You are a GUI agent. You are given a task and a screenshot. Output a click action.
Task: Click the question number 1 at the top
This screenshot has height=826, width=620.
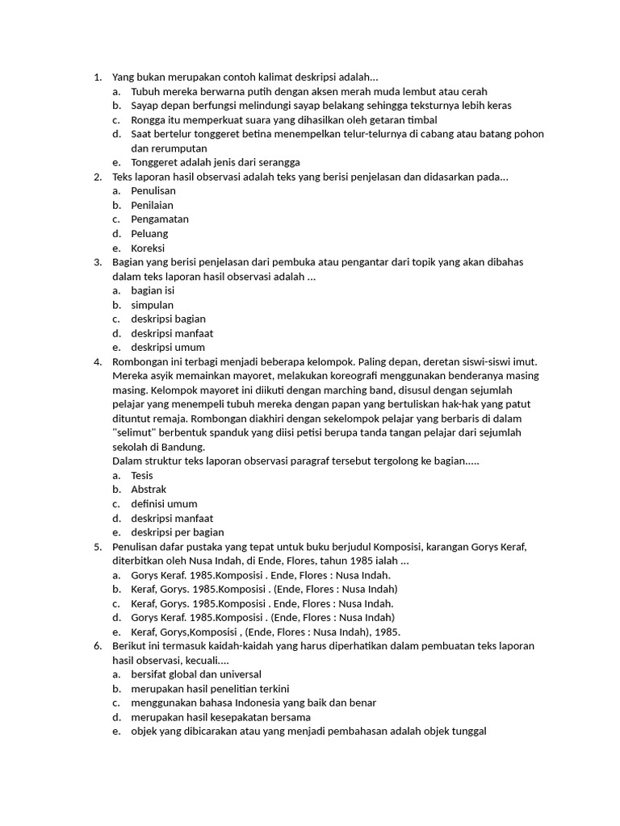97,77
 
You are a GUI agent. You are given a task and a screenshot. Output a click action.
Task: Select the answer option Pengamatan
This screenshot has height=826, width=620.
160,219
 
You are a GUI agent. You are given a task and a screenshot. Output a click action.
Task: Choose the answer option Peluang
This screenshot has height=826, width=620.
149,234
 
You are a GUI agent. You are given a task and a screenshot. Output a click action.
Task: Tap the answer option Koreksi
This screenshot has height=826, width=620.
148,248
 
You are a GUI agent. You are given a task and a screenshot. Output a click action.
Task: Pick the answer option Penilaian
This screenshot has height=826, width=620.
152,205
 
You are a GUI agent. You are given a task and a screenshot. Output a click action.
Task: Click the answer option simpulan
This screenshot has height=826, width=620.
152,305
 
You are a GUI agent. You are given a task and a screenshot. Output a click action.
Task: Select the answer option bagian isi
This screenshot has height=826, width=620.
153,290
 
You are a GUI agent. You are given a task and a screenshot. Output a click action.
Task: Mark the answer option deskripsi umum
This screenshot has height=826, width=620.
168,348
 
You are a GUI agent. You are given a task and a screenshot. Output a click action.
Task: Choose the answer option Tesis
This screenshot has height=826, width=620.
142,475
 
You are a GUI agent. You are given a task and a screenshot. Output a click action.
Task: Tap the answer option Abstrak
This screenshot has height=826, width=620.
149,490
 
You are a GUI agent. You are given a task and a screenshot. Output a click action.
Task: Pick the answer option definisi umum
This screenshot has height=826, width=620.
164,504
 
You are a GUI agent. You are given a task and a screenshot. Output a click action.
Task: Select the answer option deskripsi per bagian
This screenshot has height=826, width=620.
178,532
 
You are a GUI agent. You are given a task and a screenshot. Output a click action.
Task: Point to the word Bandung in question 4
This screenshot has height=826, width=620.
185,447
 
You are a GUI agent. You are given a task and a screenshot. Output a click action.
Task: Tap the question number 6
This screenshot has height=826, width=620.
97,646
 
